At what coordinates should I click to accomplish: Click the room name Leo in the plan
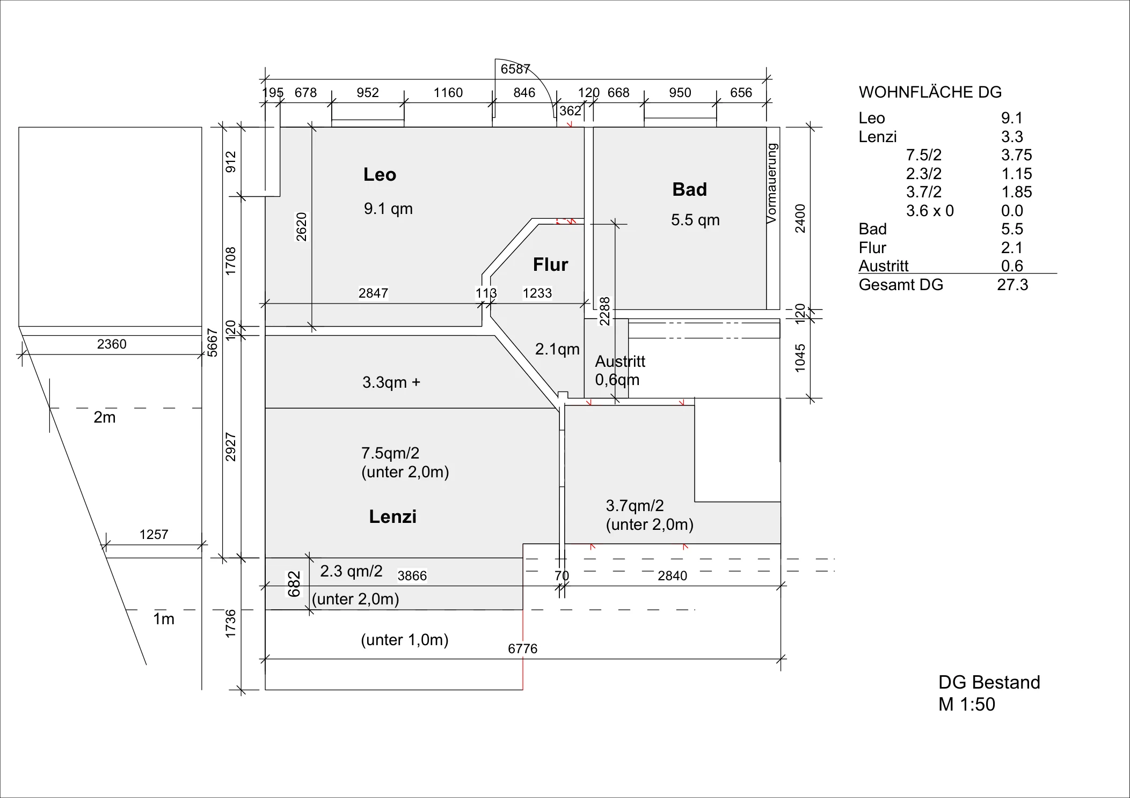pyautogui.click(x=380, y=175)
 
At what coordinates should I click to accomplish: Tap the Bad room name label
pyautogui.click(x=689, y=190)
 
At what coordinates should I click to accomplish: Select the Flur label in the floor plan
pyautogui.click(x=550, y=265)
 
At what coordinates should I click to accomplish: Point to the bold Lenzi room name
pyautogui.click(x=392, y=517)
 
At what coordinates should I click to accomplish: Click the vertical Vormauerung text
pyautogui.click(x=771, y=183)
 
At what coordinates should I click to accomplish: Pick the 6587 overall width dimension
pyautogui.click(x=515, y=69)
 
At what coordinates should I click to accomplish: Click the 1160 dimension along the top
pyautogui.click(x=448, y=93)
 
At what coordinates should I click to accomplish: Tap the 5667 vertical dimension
pyautogui.click(x=213, y=343)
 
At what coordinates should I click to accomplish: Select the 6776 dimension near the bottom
pyautogui.click(x=522, y=649)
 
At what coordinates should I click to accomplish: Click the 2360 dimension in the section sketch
pyautogui.click(x=112, y=344)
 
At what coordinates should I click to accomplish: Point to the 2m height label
pyautogui.click(x=105, y=417)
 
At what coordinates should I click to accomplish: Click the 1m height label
pyautogui.click(x=164, y=619)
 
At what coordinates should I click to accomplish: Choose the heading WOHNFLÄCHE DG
pyautogui.click(x=930, y=92)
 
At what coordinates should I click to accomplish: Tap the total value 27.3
pyautogui.click(x=1012, y=285)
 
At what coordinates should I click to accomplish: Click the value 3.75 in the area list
pyautogui.click(x=1016, y=156)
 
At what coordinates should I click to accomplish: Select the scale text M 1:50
pyautogui.click(x=967, y=705)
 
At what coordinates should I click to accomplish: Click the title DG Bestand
pyautogui.click(x=989, y=683)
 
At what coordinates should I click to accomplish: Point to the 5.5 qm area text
pyautogui.click(x=695, y=220)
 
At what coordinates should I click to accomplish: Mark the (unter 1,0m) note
pyautogui.click(x=405, y=640)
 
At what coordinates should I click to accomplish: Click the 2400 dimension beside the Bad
pyautogui.click(x=800, y=218)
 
